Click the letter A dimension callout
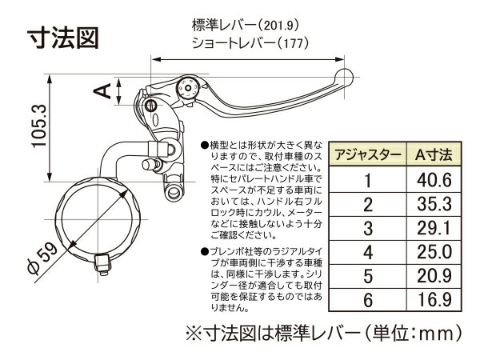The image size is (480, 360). [x=103, y=90]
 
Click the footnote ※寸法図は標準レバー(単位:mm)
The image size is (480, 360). [x=324, y=330]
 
